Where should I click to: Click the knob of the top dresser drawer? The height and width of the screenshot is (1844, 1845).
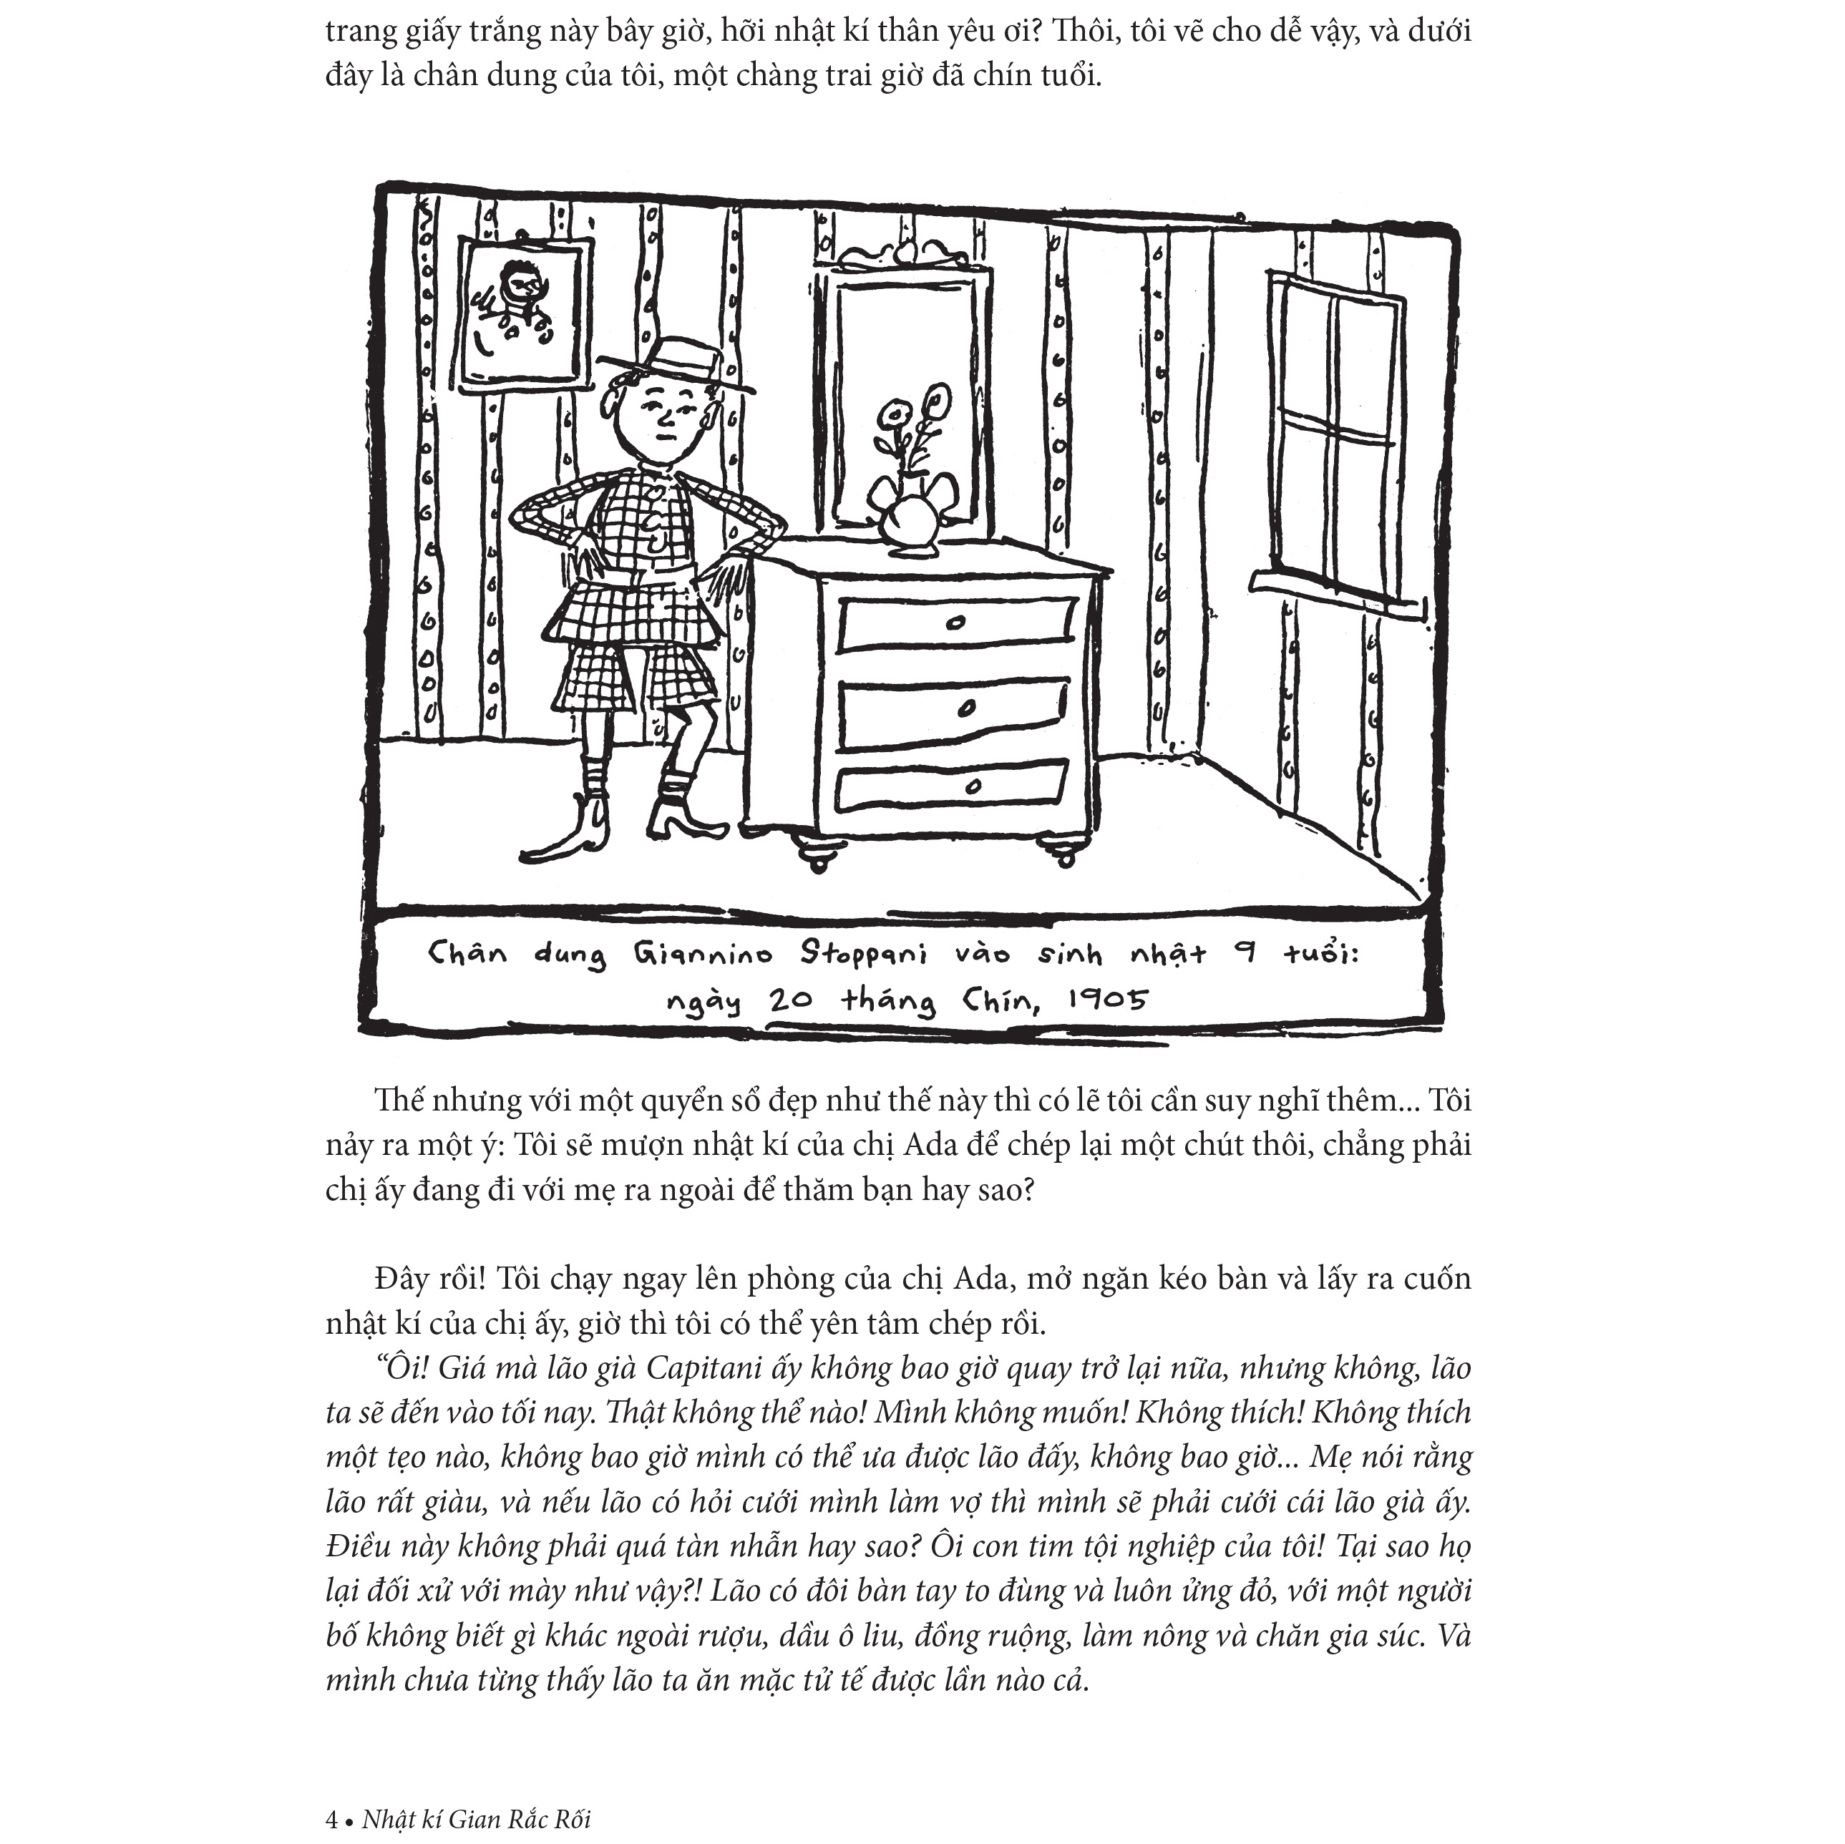tap(955, 623)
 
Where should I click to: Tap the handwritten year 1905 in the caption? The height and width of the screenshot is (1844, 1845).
tap(1108, 1000)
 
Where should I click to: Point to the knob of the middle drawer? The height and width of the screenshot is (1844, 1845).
tap(966, 708)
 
